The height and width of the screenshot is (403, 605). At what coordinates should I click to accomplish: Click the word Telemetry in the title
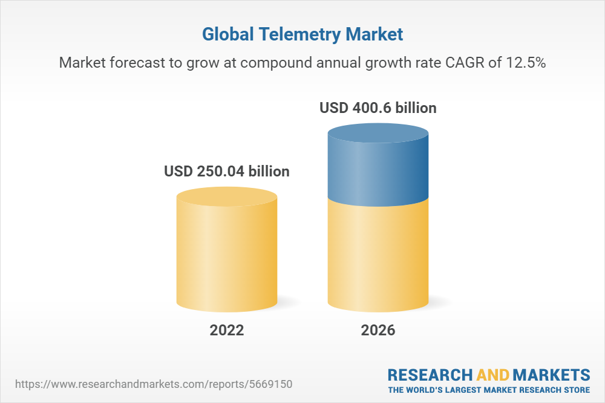pyautogui.click(x=299, y=34)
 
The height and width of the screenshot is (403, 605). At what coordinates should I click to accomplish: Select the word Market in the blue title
pyautogui.click(x=374, y=34)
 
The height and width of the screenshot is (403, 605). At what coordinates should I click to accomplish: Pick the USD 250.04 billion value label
pyautogui.click(x=227, y=172)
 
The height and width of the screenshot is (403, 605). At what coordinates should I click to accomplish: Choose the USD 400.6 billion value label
pyautogui.click(x=378, y=108)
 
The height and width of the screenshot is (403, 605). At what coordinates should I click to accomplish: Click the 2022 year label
pyautogui.click(x=227, y=330)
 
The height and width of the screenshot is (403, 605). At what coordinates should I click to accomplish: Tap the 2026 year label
pyautogui.click(x=378, y=330)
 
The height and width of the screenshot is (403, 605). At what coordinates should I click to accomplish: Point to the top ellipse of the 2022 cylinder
pyautogui.click(x=227, y=196)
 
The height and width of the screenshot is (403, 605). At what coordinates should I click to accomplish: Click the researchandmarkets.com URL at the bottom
pyautogui.click(x=154, y=384)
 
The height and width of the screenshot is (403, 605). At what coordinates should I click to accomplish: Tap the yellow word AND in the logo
pyautogui.click(x=492, y=375)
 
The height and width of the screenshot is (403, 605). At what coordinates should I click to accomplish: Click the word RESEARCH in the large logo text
pyautogui.click(x=430, y=375)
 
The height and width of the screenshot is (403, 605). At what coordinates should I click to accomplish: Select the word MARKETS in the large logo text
pyautogui.click(x=551, y=375)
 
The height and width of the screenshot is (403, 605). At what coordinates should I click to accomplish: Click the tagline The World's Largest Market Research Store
pyautogui.click(x=489, y=390)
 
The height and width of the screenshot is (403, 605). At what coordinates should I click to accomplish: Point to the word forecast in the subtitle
pyautogui.click(x=137, y=62)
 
